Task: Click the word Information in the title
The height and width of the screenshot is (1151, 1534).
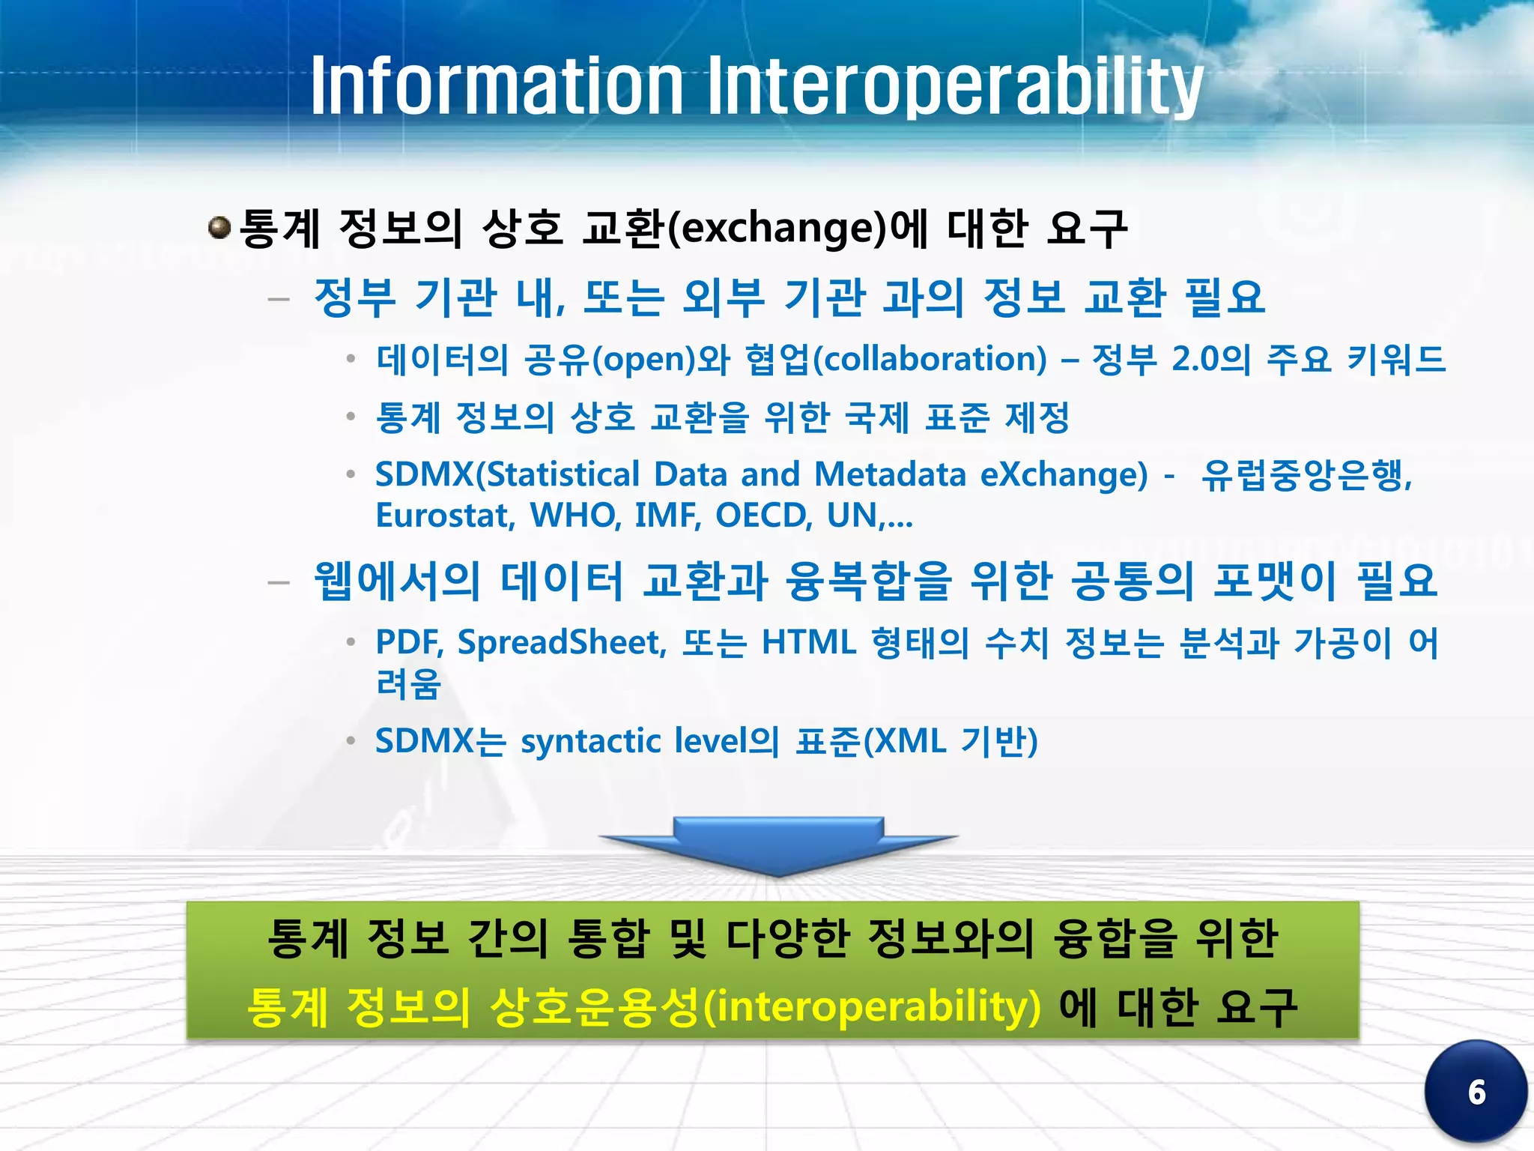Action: [x=497, y=86]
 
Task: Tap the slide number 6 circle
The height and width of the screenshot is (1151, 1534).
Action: [x=1476, y=1091]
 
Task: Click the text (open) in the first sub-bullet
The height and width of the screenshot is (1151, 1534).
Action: [x=644, y=359]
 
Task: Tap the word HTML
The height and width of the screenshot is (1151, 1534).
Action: [x=809, y=642]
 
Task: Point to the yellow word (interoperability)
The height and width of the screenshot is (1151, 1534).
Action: [x=873, y=1006]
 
